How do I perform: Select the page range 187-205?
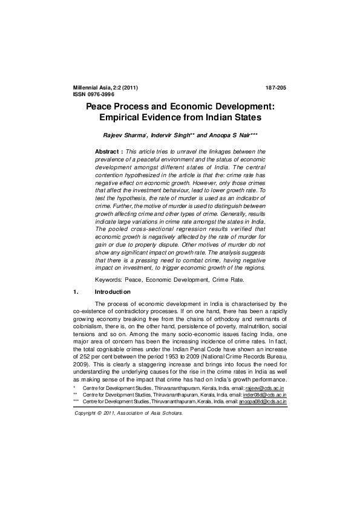click(x=276, y=88)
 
